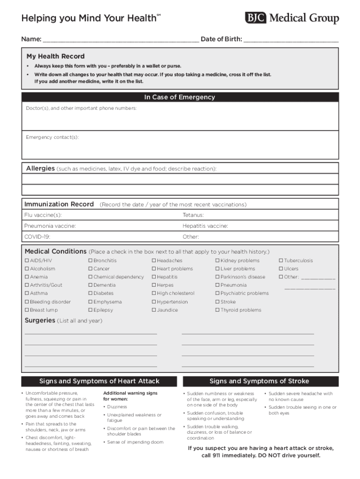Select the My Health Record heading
pos(56,57)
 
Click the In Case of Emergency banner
pos(180,97)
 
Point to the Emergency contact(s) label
pos(52,137)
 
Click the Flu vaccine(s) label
pos(43,215)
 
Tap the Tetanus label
pos(193,215)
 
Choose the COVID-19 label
pos(37,237)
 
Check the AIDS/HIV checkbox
pos(27,261)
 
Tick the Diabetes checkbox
pos(90,293)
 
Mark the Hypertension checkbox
pos(154,302)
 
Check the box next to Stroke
pos(217,302)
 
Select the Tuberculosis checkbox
pos(281,261)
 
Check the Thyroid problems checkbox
pos(217,310)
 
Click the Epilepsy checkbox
pos(90,310)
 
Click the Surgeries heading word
pos(39,320)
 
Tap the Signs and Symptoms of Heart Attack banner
pos(99,381)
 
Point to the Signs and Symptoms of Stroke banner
pos(259,381)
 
